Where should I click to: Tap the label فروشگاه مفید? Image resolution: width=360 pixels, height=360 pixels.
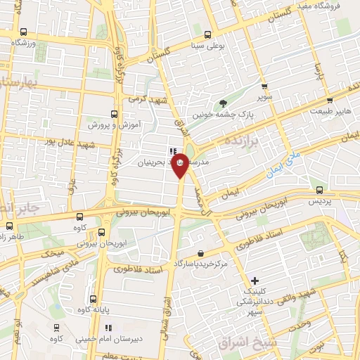click(x=319, y=6)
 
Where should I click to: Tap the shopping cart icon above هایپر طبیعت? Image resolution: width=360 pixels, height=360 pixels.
click(x=328, y=99)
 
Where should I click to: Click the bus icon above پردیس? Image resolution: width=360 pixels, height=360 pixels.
click(x=320, y=189)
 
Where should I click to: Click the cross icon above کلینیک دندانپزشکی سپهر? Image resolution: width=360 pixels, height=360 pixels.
click(x=255, y=280)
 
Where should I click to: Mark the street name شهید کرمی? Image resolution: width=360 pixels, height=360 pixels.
click(x=147, y=99)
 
